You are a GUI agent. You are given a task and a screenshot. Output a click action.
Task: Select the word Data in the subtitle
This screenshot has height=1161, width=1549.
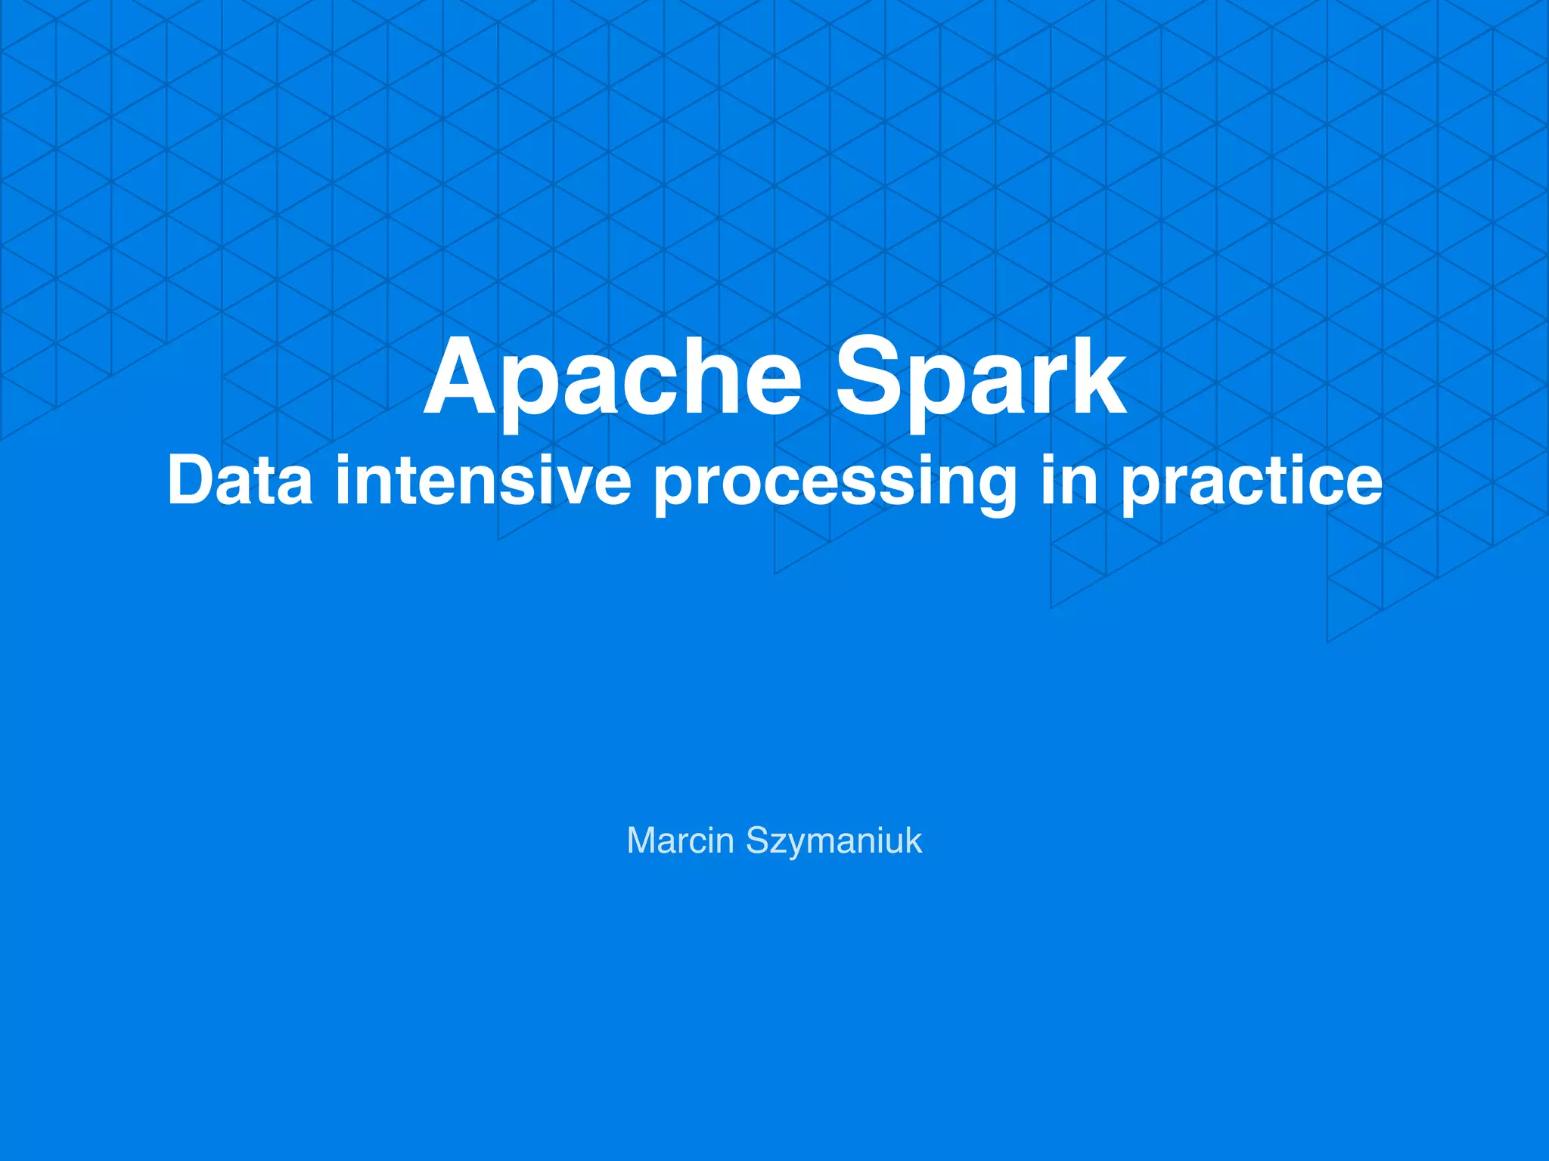tap(240, 481)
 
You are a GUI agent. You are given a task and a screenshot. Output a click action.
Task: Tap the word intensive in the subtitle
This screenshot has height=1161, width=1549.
tap(483, 481)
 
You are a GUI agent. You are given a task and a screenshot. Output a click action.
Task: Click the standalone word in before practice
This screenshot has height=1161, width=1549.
tap(1068, 481)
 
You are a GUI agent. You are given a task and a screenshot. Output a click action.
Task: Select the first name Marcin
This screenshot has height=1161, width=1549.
tap(680, 841)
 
